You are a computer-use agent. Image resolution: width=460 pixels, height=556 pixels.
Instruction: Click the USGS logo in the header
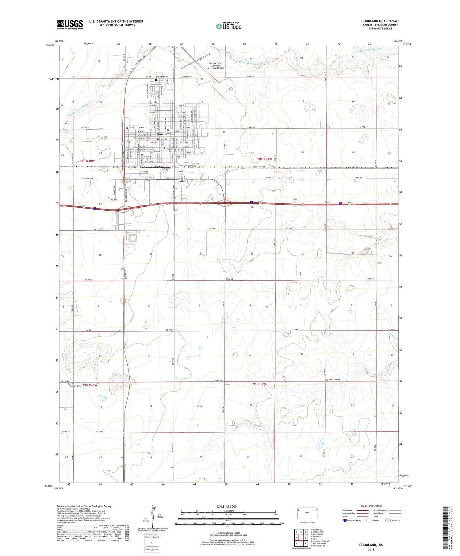point(70,25)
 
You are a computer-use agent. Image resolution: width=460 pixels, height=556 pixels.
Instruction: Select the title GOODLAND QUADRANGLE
point(380,21)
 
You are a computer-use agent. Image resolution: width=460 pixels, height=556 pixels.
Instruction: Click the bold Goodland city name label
point(164,134)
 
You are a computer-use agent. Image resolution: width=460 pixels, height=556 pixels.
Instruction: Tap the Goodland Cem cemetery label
point(162,77)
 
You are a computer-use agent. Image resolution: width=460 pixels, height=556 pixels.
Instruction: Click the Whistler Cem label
point(75,386)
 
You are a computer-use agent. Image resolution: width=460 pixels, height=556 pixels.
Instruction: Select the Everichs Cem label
point(334,379)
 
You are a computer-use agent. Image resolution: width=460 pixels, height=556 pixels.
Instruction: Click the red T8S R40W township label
point(87,161)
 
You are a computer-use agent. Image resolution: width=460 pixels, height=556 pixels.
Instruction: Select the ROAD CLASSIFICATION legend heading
point(371,506)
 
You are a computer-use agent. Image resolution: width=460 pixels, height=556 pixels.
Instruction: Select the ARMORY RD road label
point(187,77)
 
